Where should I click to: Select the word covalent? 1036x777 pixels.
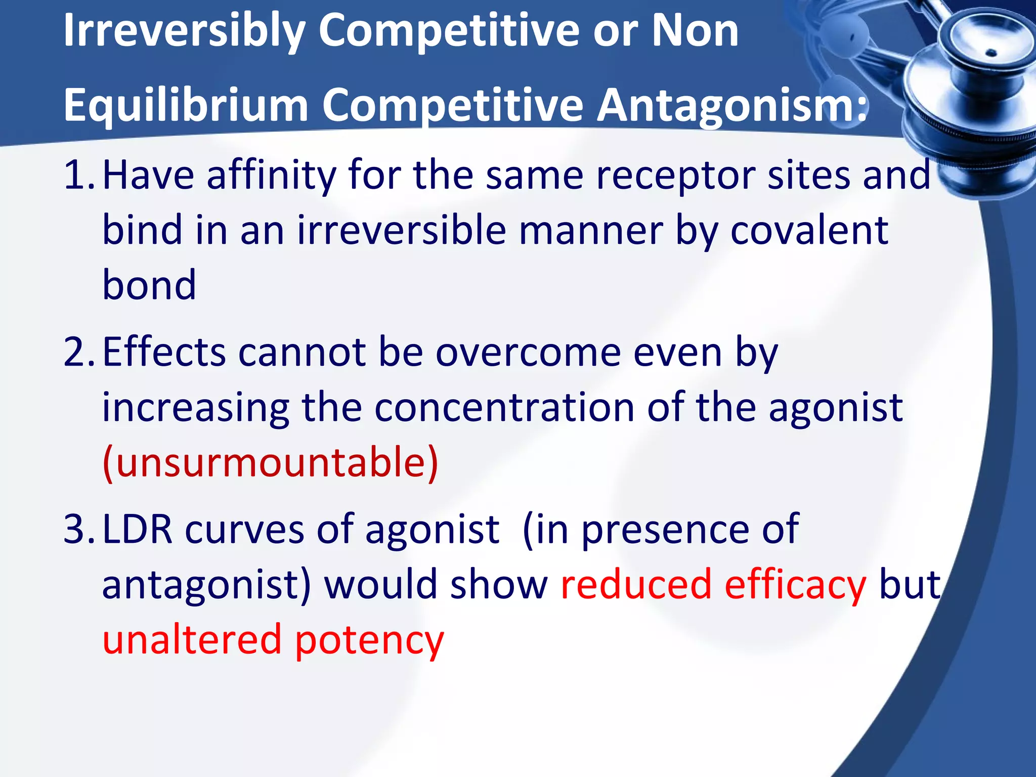pos(809,231)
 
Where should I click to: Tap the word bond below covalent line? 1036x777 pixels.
pos(149,285)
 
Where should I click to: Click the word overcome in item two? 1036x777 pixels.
pos(528,353)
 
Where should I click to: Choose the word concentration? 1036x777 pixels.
pos(504,408)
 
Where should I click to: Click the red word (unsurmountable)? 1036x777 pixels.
pos(270,462)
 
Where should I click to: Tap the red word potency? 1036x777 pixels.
pos(369,640)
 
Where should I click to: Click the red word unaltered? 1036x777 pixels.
pos(192,639)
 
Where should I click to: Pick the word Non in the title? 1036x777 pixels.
pos(695,31)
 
